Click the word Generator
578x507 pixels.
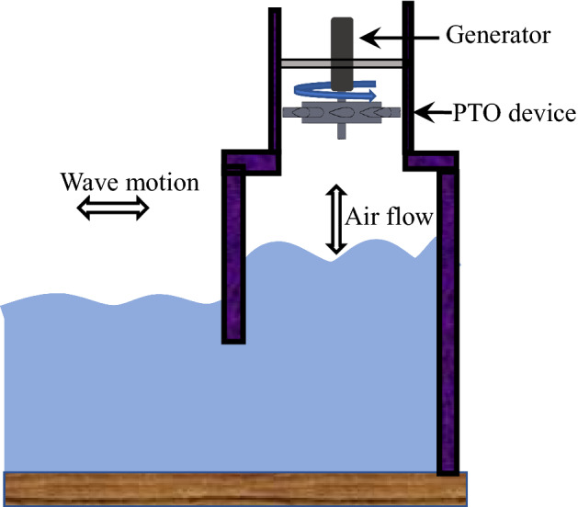497,37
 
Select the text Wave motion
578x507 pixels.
129,181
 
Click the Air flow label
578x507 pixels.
389,220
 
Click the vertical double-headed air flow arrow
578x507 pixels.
336,220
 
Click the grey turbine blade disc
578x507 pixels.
340,114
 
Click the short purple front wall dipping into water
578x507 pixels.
234,257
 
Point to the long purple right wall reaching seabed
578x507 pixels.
448,321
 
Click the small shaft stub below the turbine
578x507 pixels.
341,131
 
